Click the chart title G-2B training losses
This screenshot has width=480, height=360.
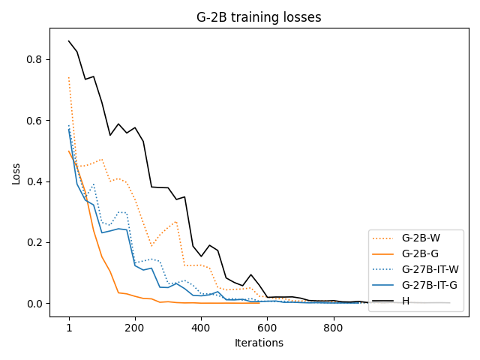tap(259, 16)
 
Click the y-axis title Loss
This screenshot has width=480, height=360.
tap(16, 173)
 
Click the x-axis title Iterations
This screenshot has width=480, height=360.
tap(259, 343)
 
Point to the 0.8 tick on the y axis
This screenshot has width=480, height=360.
tap(34, 59)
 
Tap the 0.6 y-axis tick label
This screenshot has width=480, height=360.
tap(34, 121)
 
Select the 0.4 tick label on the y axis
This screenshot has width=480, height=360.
tap(34, 181)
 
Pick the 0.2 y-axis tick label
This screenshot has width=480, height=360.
tap(34, 242)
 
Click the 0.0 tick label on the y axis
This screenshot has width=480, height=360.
tap(34, 304)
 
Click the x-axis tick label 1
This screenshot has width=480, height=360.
tap(69, 327)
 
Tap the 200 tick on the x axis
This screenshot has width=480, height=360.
tap(135, 327)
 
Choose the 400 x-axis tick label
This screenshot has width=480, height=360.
tap(201, 327)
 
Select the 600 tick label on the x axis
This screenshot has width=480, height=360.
tap(267, 327)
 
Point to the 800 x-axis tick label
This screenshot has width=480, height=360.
tap(333, 327)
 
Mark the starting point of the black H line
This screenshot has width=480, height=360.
tap(69, 41)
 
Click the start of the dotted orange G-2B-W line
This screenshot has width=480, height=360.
tap(69, 77)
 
